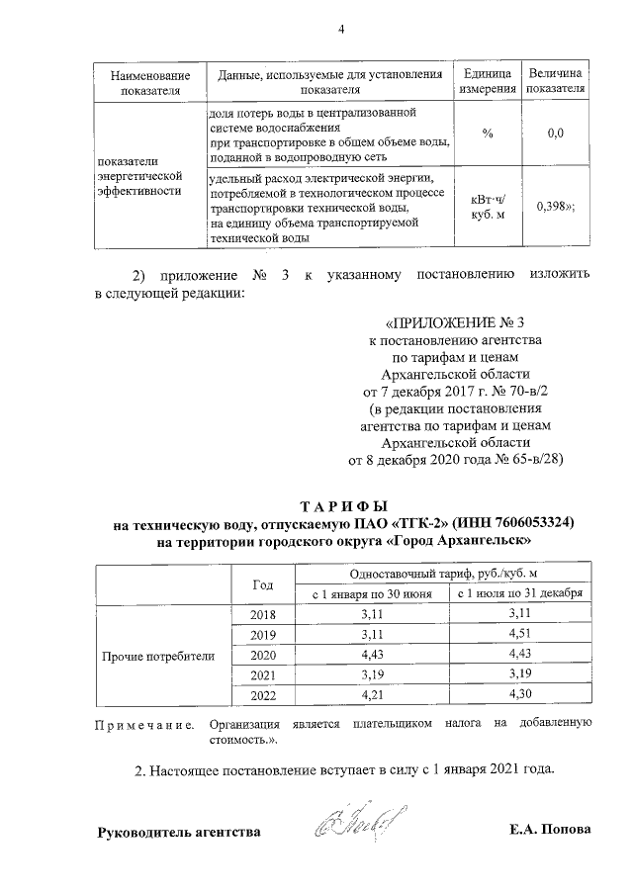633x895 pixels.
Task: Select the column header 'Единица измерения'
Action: click(488, 82)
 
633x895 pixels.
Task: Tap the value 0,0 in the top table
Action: click(555, 134)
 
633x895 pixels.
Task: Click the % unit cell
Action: click(488, 134)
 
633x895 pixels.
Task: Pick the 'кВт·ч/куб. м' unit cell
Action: click(488, 206)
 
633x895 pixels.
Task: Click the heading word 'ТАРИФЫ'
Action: click(340, 504)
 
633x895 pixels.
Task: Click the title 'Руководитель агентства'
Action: click(178, 832)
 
